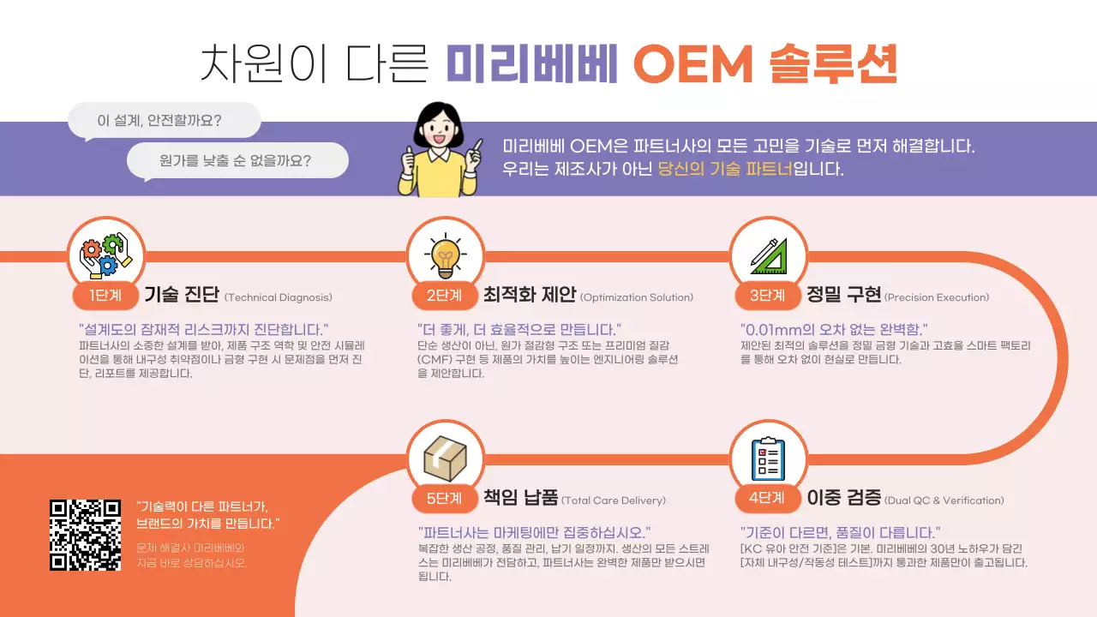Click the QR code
click(85, 534)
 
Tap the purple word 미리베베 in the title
click(532, 64)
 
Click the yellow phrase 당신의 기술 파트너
click(725, 169)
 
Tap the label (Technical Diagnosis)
click(279, 298)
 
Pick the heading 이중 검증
click(843, 498)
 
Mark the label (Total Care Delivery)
click(614, 500)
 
